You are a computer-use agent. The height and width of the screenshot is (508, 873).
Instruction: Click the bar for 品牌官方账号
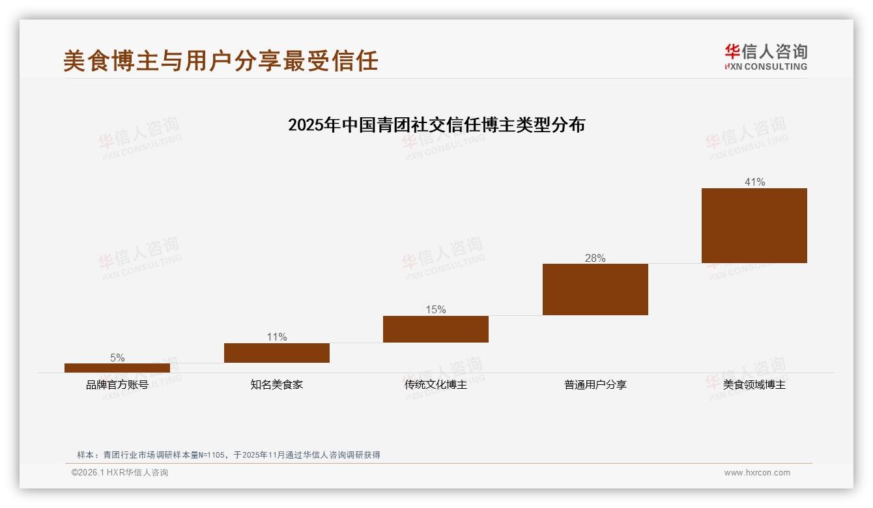coord(117,368)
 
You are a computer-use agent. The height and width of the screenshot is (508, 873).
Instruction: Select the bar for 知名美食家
coord(277,353)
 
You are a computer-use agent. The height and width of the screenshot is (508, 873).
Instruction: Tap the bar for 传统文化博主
coord(436,329)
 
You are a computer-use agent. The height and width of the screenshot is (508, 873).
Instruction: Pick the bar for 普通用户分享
coord(595,289)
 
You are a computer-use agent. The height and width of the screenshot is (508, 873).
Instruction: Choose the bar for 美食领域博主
coord(754,225)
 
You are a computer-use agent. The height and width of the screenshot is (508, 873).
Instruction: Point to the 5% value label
coord(117,358)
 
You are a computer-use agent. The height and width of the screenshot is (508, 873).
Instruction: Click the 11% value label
coord(277,337)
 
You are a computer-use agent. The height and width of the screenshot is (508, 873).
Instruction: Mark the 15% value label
coord(436,309)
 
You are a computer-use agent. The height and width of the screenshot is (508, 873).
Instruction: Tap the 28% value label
coord(595,258)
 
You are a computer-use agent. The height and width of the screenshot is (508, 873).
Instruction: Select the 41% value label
coord(754,182)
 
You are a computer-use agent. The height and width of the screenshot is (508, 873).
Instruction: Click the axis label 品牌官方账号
coord(117,385)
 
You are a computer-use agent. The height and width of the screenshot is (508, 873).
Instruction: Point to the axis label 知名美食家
coord(277,385)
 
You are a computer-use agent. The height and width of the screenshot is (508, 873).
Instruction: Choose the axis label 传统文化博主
coord(436,385)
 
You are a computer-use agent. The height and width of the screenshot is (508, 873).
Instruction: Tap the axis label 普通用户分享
coord(595,385)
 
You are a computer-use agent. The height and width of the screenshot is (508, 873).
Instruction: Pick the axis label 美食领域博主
coord(754,385)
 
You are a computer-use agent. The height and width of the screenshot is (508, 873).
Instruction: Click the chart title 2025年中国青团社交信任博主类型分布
coord(436,124)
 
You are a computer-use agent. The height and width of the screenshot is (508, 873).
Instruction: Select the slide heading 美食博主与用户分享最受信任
coord(221,61)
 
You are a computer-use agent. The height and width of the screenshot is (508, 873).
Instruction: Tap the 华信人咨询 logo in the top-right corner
coord(766,57)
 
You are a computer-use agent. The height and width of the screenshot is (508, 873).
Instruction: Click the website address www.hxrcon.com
coord(757,473)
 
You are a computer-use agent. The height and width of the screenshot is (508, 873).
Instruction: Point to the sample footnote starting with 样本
coord(229,455)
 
